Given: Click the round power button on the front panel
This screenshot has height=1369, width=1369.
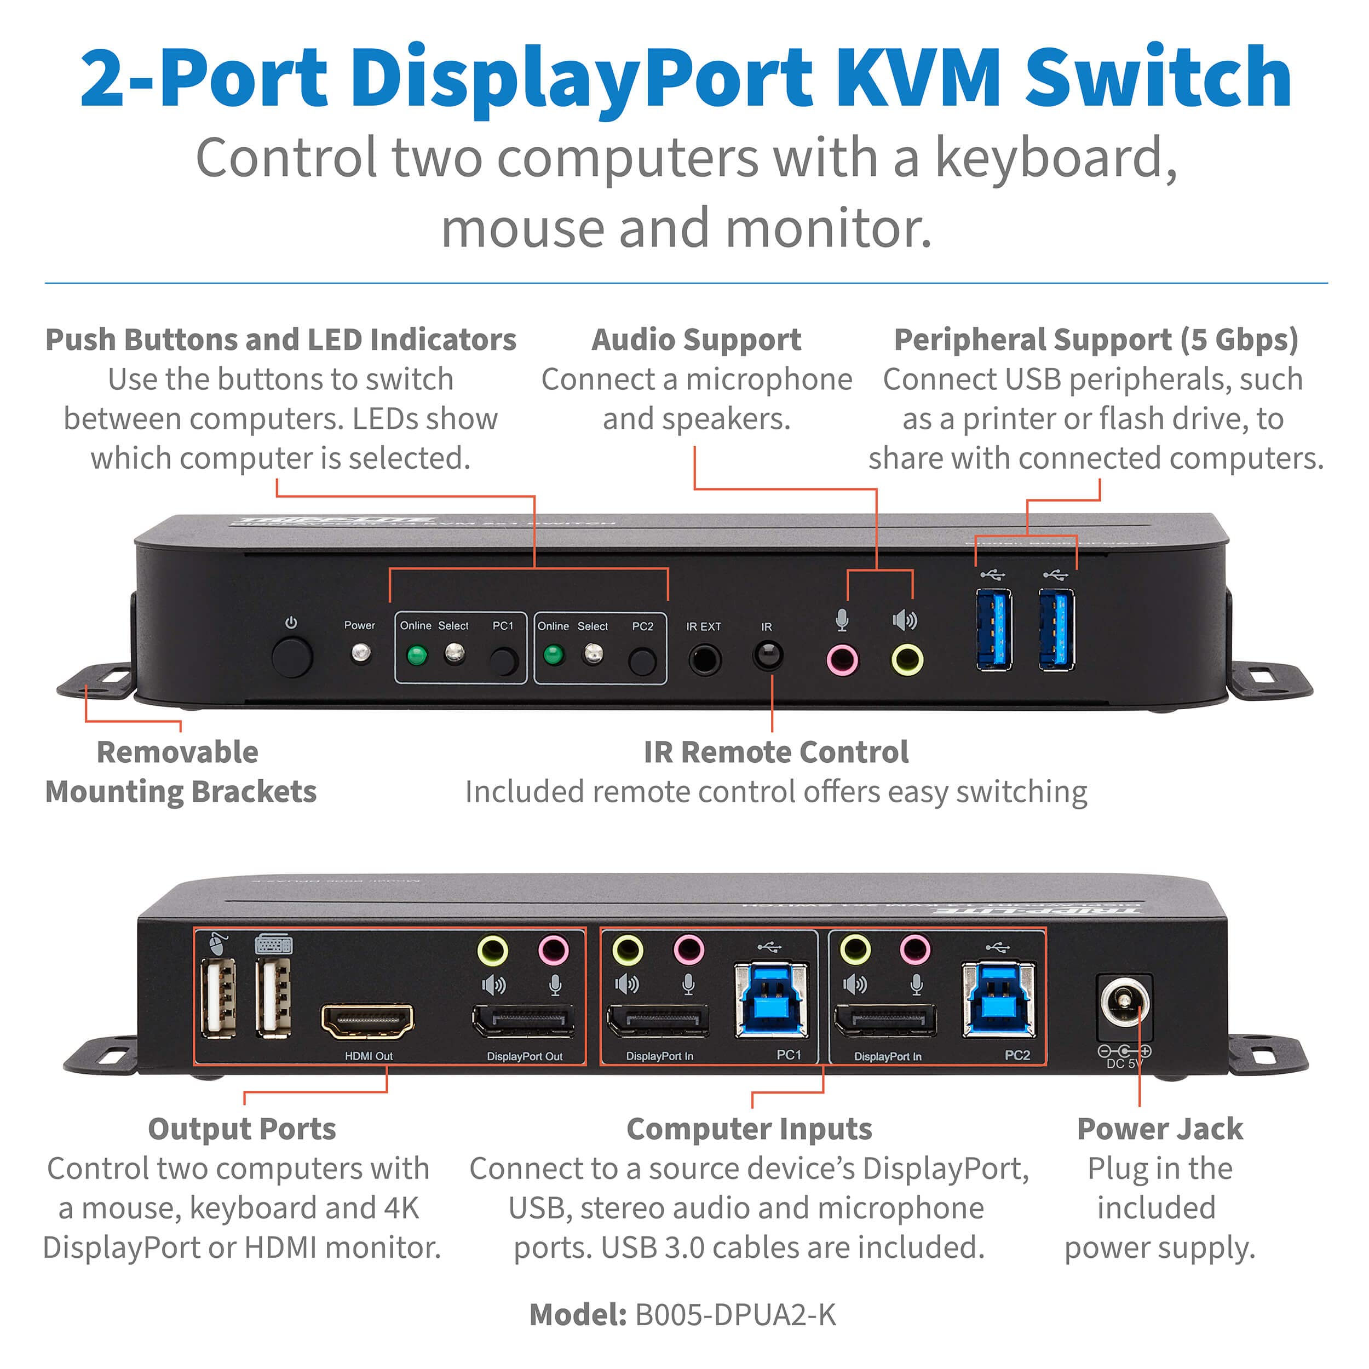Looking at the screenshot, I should (291, 657).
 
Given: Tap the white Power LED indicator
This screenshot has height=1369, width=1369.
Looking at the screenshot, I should (361, 653).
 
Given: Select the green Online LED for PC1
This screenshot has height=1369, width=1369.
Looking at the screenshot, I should (417, 655).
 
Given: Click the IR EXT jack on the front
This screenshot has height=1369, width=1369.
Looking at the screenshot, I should (704, 660).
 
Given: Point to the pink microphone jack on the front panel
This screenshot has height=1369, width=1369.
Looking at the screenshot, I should (842, 660).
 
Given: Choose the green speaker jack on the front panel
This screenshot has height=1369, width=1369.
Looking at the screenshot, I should (906, 660).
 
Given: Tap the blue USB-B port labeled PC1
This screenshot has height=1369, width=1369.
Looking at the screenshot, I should (772, 1000).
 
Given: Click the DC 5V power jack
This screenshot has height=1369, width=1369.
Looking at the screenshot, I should (1124, 1003).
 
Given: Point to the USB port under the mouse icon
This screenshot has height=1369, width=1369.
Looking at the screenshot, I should (218, 998).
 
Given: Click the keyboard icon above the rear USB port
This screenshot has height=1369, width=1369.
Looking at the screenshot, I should (273, 944).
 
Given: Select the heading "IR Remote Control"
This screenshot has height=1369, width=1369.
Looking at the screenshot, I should (776, 752).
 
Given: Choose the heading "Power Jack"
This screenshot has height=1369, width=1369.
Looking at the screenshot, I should (1159, 1129).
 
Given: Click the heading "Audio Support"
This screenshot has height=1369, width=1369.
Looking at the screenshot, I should (697, 340).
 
